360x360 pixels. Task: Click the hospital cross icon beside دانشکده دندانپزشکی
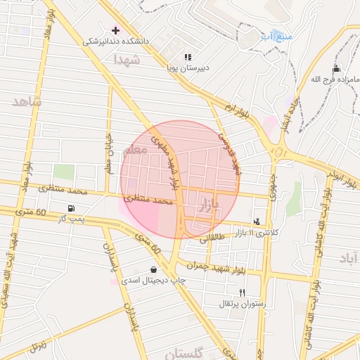[x=116, y=30]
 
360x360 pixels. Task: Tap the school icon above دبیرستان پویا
[x=187, y=57]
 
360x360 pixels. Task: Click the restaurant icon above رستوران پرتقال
[x=242, y=292]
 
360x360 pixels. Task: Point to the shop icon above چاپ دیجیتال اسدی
[x=154, y=270]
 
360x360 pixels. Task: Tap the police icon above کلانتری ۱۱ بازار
[x=257, y=221]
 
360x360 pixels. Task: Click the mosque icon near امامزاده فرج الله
[x=336, y=68]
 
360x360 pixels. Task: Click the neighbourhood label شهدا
[x=127, y=61]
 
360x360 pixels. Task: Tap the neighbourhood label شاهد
[x=27, y=101]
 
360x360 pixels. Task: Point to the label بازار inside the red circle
[x=210, y=205]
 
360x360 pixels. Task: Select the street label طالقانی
[x=213, y=238]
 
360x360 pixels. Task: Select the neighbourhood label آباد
[x=348, y=259]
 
